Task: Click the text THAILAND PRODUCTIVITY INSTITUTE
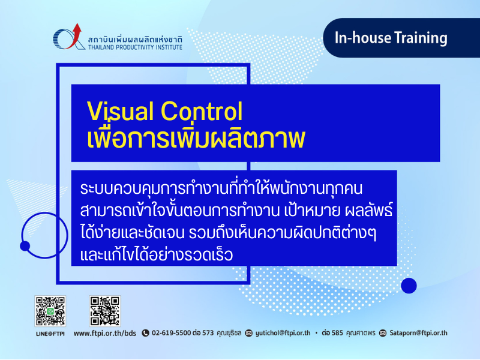pyautogui.click(x=136, y=47)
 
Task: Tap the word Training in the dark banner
pyautogui.click(x=421, y=38)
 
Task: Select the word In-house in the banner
pyautogui.click(x=363, y=38)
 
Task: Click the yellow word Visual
pyautogui.click(x=121, y=111)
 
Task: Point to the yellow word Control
pyautogui.click(x=202, y=111)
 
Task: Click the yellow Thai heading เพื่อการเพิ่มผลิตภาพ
pyautogui.click(x=196, y=138)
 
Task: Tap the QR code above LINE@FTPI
pyautogui.click(x=50, y=311)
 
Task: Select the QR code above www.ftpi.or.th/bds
pyautogui.click(x=104, y=311)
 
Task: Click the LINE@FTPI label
pyautogui.click(x=50, y=334)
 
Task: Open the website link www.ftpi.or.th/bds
pyautogui.click(x=104, y=334)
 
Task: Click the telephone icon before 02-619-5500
pyautogui.click(x=145, y=333)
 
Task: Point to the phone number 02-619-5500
pyautogui.click(x=172, y=333)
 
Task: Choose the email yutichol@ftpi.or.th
pyautogui.click(x=283, y=333)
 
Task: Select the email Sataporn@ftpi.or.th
pyautogui.click(x=418, y=333)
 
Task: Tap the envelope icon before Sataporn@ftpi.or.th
pyautogui.click(x=383, y=333)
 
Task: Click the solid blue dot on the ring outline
pyautogui.click(x=25, y=246)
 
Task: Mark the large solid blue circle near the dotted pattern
pyautogui.click(x=409, y=286)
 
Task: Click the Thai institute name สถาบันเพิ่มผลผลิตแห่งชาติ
pyautogui.click(x=135, y=40)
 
